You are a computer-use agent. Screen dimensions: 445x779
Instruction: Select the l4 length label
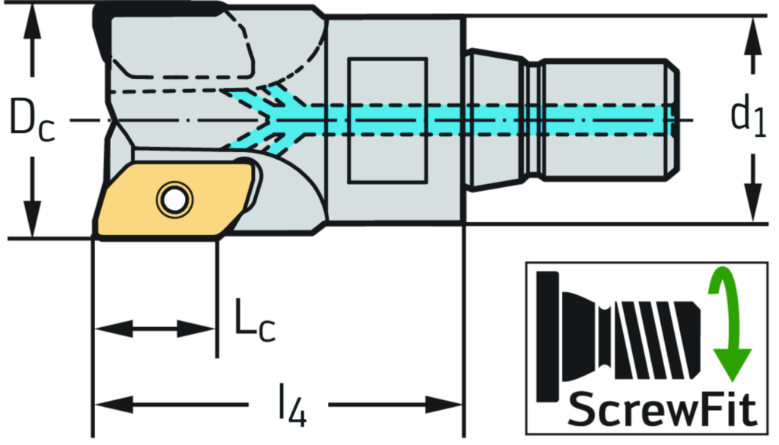pyautogui.click(x=290, y=403)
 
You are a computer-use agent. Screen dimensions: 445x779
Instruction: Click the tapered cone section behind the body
pyautogui.click(x=494, y=119)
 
